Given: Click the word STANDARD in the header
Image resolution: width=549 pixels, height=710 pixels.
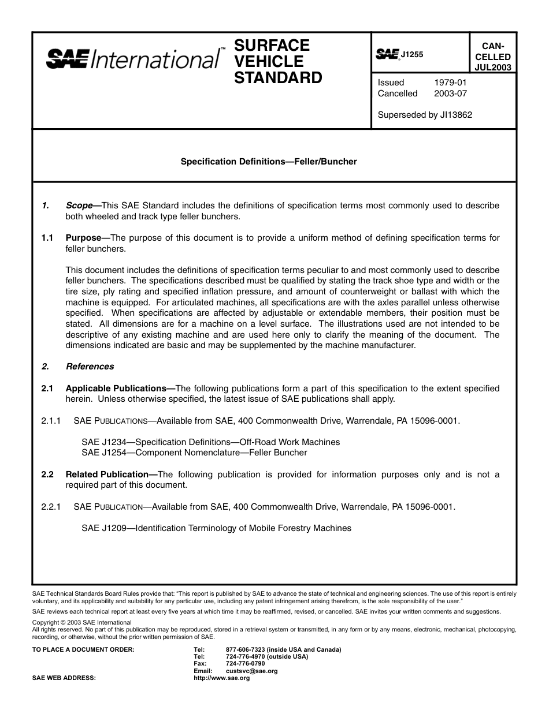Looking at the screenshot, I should click(x=277, y=78).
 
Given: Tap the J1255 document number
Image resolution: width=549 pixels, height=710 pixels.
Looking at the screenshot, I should click(x=412, y=55).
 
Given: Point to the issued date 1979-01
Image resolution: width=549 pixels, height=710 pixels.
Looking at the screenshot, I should click(x=450, y=83).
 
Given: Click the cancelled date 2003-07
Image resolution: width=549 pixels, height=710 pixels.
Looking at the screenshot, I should click(x=450, y=94).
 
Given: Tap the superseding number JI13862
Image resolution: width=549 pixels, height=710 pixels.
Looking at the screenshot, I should click(x=456, y=115).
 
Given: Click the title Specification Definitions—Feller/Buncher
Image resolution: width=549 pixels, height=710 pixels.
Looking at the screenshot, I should click(x=269, y=162).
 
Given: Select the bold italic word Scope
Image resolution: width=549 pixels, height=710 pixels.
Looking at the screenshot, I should click(x=80, y=205).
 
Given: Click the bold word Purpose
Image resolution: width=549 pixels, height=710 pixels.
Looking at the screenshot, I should click(x=84, y=238).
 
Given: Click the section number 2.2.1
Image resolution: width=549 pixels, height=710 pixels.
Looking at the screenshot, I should click(x=51, y=507).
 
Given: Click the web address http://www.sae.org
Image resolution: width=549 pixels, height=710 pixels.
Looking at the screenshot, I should click(x=222, y=678).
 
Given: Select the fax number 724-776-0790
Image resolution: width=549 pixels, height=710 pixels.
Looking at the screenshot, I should click(x=246, y=664).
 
